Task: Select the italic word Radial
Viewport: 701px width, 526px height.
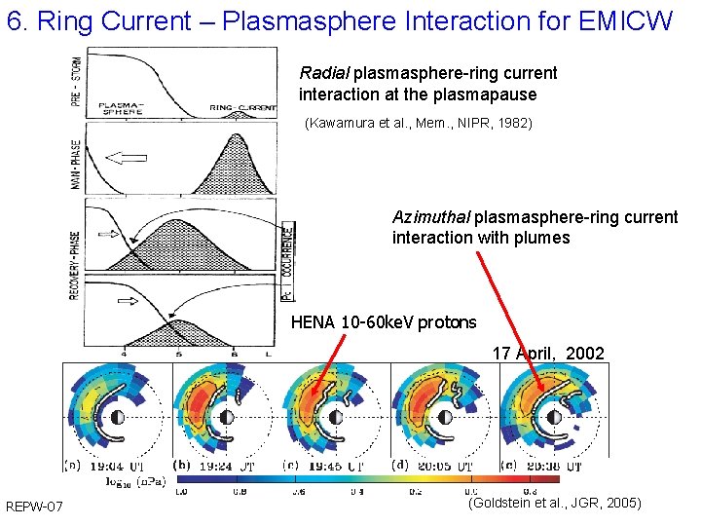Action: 325,73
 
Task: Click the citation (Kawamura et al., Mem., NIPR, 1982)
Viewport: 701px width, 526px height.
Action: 419,124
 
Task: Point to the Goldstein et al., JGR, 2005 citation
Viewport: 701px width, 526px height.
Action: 554,503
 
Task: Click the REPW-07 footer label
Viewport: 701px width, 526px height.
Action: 35,507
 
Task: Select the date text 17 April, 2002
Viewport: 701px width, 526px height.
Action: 548,354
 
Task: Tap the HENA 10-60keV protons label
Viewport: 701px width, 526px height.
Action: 384,322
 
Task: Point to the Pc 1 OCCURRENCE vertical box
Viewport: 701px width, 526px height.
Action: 287,261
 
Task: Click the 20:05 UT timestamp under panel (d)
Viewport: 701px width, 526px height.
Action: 446,468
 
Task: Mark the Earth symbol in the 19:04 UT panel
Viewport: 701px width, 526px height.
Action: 117,417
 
